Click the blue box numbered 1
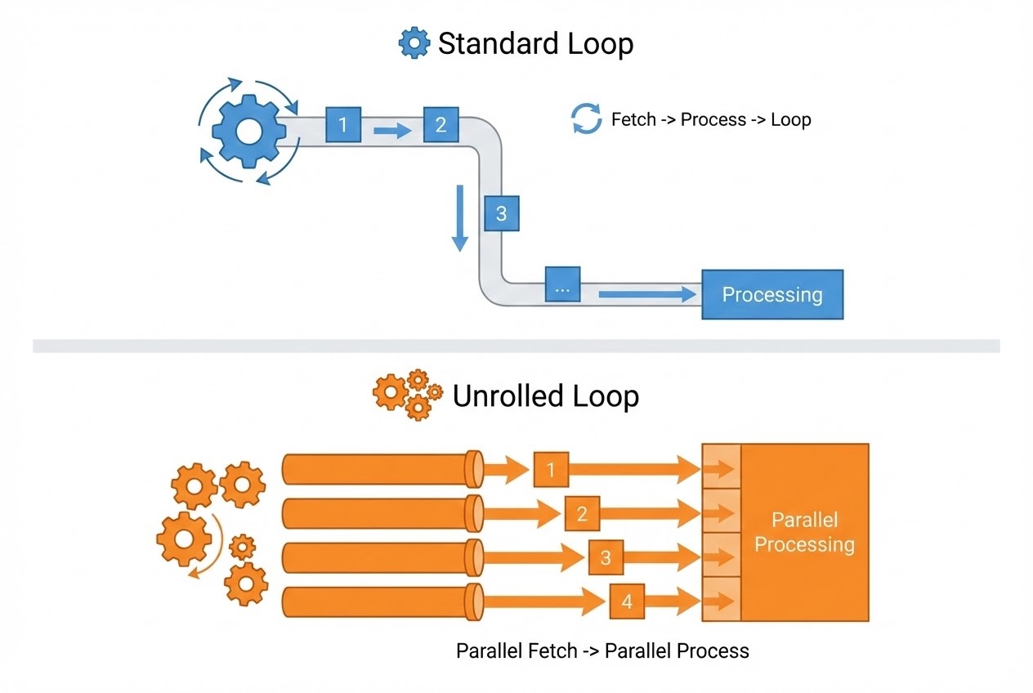(342, 125)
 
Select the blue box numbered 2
(440, 125)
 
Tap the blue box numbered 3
(501, 213)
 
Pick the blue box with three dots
(562, 285)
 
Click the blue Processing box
(772, 294)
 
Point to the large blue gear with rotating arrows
(248, 131)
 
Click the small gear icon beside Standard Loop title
(414, 42)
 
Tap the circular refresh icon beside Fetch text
(586, 119)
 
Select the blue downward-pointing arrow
(460, 217)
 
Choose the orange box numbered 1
(551, 469)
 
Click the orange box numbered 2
(582, 514)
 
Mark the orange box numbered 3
(606, 558)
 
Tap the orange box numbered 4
(627, 602)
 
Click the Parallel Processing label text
(804, 532)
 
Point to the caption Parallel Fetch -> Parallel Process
(601, 651)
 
